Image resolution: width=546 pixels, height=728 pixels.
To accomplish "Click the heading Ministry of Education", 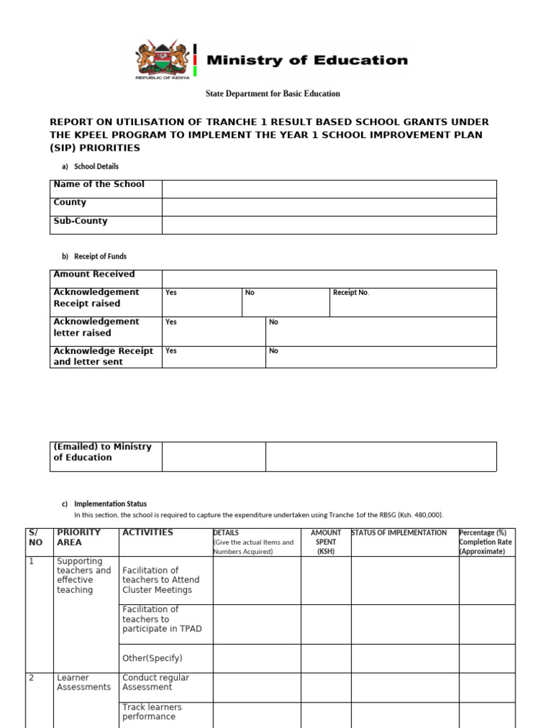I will (307, 60).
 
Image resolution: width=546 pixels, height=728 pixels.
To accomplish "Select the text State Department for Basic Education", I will (273, 94).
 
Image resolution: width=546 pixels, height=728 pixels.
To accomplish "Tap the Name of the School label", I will (99, 184).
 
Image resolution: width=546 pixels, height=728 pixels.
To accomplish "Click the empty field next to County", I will (328, 207).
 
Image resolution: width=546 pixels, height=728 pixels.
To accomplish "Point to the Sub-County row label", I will (80, 221).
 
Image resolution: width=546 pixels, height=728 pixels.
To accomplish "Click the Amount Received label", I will (94, 274).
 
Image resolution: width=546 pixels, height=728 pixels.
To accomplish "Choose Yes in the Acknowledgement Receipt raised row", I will (171, 293).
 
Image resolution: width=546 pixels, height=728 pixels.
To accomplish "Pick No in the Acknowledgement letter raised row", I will (274, 322).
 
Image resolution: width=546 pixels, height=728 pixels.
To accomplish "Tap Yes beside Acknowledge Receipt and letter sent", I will (171, 351).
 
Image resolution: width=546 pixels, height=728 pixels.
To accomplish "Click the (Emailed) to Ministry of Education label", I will (102, 452).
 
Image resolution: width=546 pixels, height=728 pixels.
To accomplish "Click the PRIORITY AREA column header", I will (79, 537).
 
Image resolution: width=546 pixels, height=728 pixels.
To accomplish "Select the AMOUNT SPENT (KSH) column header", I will (326, 542).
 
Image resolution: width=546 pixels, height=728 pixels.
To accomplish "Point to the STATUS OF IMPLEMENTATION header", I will (400, 533).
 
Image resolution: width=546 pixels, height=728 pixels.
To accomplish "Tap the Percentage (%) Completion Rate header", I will (486, 542).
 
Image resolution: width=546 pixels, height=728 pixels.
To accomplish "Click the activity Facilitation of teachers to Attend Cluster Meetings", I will (161, 579).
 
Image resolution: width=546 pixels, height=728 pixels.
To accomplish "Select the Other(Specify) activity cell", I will (152, 658).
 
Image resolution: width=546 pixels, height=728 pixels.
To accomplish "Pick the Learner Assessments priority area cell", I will (84, 682).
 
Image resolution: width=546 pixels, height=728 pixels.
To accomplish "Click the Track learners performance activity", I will (152, 712).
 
